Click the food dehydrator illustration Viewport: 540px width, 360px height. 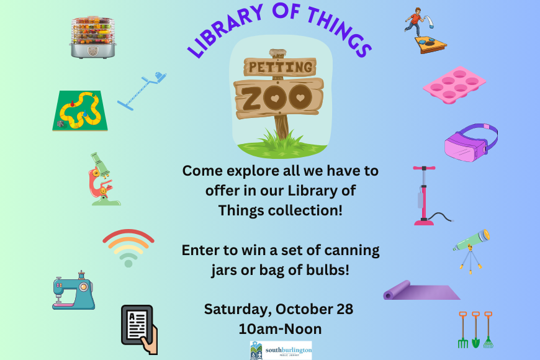(93, 37)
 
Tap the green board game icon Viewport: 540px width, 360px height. (80, 110)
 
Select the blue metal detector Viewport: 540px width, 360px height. (142, 91)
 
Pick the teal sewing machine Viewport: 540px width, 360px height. (74, 290)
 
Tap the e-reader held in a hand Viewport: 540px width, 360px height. (140, 330)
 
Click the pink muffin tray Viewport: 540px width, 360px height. (454, 85)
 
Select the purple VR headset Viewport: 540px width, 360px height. (470, 143)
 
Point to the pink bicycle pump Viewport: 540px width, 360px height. (425, 196)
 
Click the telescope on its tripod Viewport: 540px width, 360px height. (471, 251)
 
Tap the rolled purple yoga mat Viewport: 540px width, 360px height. (421, 290)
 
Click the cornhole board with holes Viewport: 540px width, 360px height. (431, 45)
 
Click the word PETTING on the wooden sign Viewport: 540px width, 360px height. (281, 67)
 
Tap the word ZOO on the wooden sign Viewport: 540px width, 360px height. (277, 97)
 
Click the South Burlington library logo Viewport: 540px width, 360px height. (281, 350)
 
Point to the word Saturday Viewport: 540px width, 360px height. (236, 310)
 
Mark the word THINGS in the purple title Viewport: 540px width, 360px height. (340, 31)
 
